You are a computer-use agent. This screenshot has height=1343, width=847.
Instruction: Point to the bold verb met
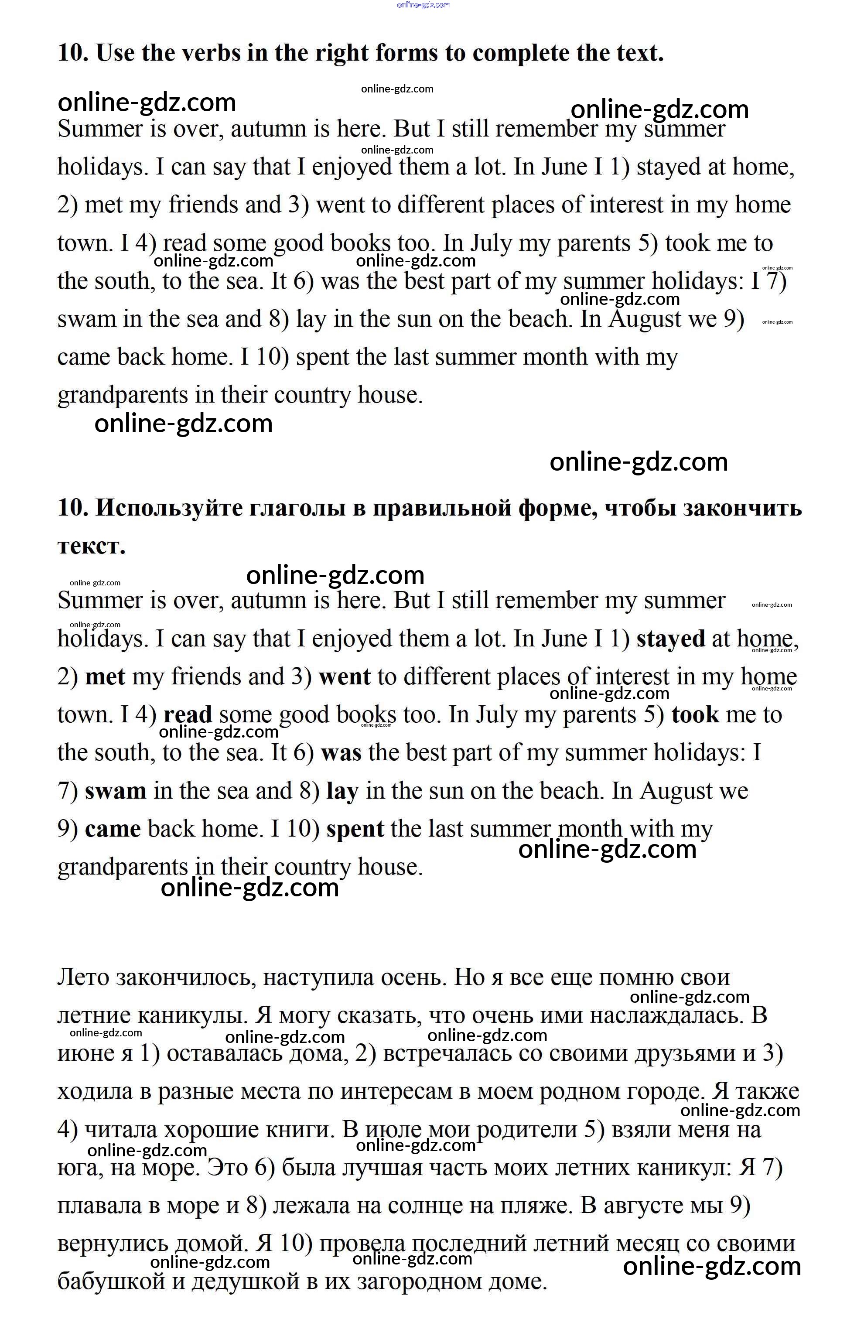105,677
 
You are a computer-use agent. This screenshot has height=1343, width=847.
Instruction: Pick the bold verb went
345,677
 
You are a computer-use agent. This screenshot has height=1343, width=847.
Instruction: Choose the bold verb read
188,714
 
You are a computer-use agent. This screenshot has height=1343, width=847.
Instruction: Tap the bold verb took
695,714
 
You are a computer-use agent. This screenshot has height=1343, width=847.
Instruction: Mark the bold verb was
341,752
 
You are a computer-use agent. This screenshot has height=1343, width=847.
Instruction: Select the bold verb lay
342,791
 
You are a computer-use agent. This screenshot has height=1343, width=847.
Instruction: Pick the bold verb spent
355,829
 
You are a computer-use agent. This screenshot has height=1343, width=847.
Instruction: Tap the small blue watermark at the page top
423,5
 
